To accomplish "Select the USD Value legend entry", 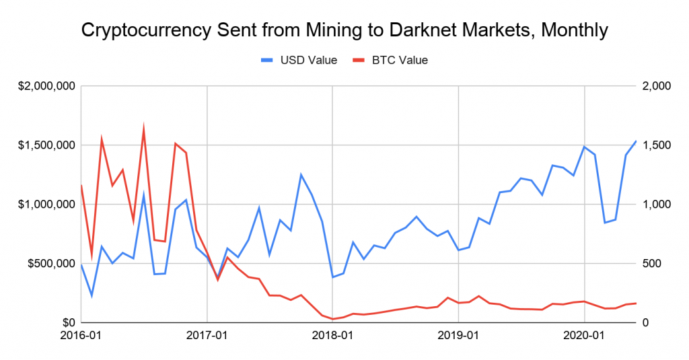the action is pos(299,60).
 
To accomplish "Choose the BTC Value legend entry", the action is pos(390,60).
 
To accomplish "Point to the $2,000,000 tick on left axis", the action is pos(46,86).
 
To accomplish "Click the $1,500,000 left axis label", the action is pos(46,145).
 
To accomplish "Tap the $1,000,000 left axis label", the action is pos(46,205).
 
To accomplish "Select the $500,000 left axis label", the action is pos(51,264).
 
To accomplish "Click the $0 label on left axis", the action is pos(69,323).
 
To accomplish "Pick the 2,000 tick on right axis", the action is pos(657,86).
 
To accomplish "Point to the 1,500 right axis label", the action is pos(657,145).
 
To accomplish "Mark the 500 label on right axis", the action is pos(651,264).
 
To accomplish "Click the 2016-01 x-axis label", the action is pos(81,335).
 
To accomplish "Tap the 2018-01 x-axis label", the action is pos(332,335).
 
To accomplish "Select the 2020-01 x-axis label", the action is pos(585,335).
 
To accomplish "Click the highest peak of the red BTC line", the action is pos(144,127).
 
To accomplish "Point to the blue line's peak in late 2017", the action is pos(301,174).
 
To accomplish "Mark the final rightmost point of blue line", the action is pos(636,141).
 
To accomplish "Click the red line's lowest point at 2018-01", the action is pos(332,319).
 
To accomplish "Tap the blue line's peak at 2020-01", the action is pos(585,147).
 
